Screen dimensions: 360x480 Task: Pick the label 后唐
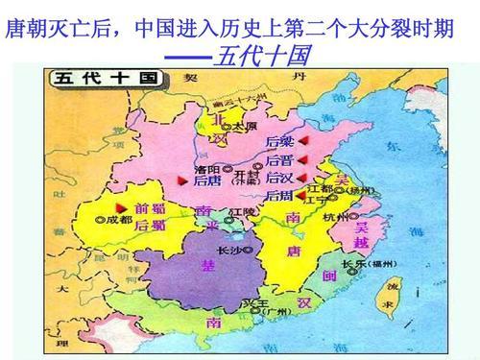207,180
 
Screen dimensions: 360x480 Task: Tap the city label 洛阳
207,167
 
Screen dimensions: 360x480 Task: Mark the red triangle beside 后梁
300,142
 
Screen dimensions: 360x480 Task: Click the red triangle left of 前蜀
120,207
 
